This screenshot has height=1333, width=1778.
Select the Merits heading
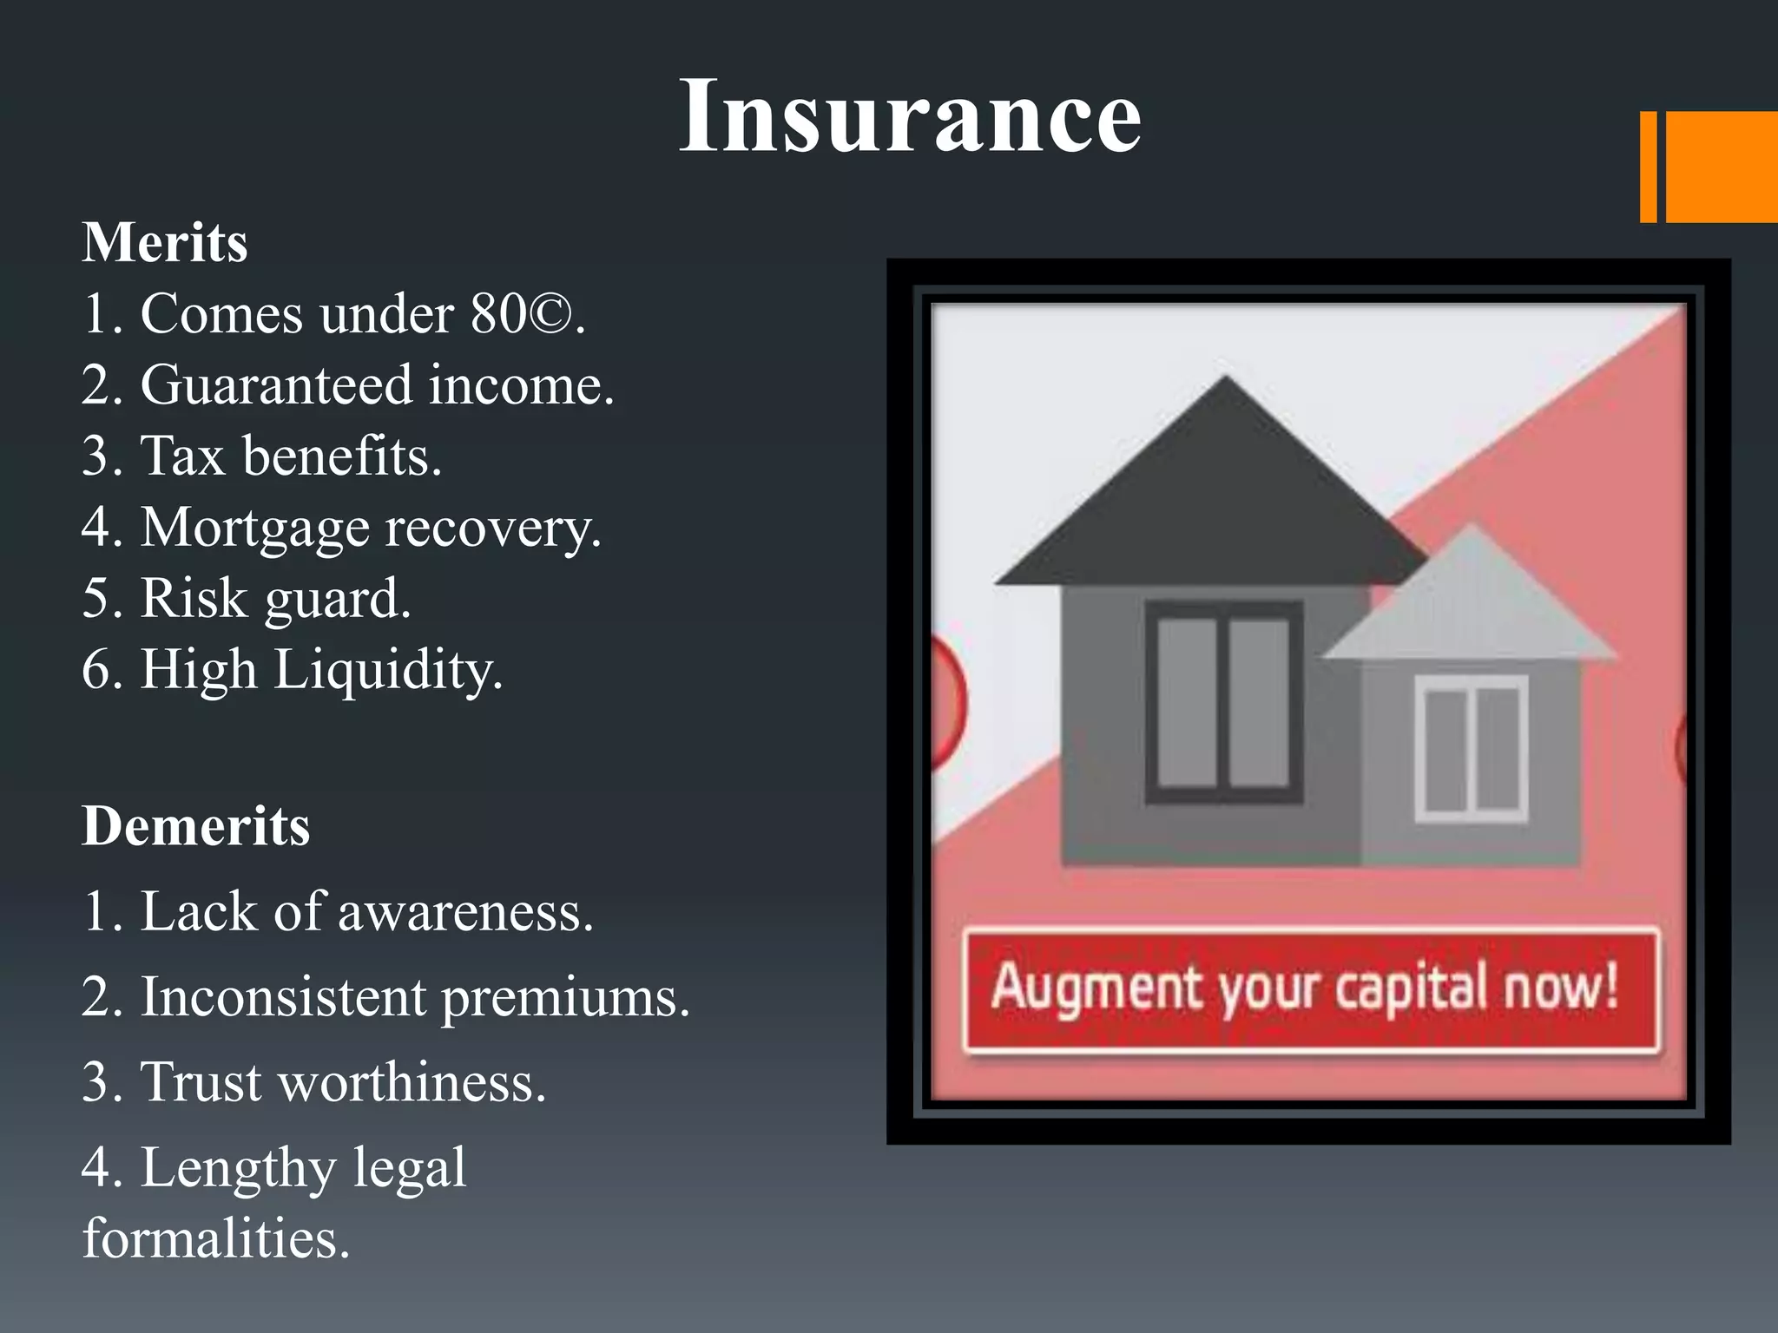(x=165, y=242)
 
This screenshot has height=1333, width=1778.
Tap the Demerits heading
(x=195, y=825)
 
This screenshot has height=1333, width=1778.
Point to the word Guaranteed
(x=276, y=385)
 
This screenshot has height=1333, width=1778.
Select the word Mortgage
(x=254, y=529)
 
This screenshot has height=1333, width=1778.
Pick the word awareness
(x=464, y=913)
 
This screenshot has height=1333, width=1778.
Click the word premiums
(x=564, y=998)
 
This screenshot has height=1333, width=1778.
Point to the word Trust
(x=201, y=1083)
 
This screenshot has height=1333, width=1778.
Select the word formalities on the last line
(x=215, y=1239)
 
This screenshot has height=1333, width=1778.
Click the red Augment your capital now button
(x=1310, y=990)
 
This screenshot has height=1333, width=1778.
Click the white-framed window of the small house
(x=1472, y=749)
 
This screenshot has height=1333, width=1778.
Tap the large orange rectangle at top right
(x=1722, y=167)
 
